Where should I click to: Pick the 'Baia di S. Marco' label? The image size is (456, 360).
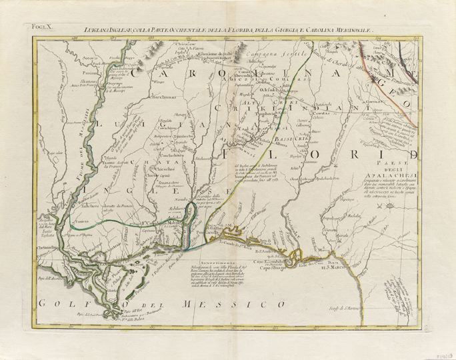(333, 265)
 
